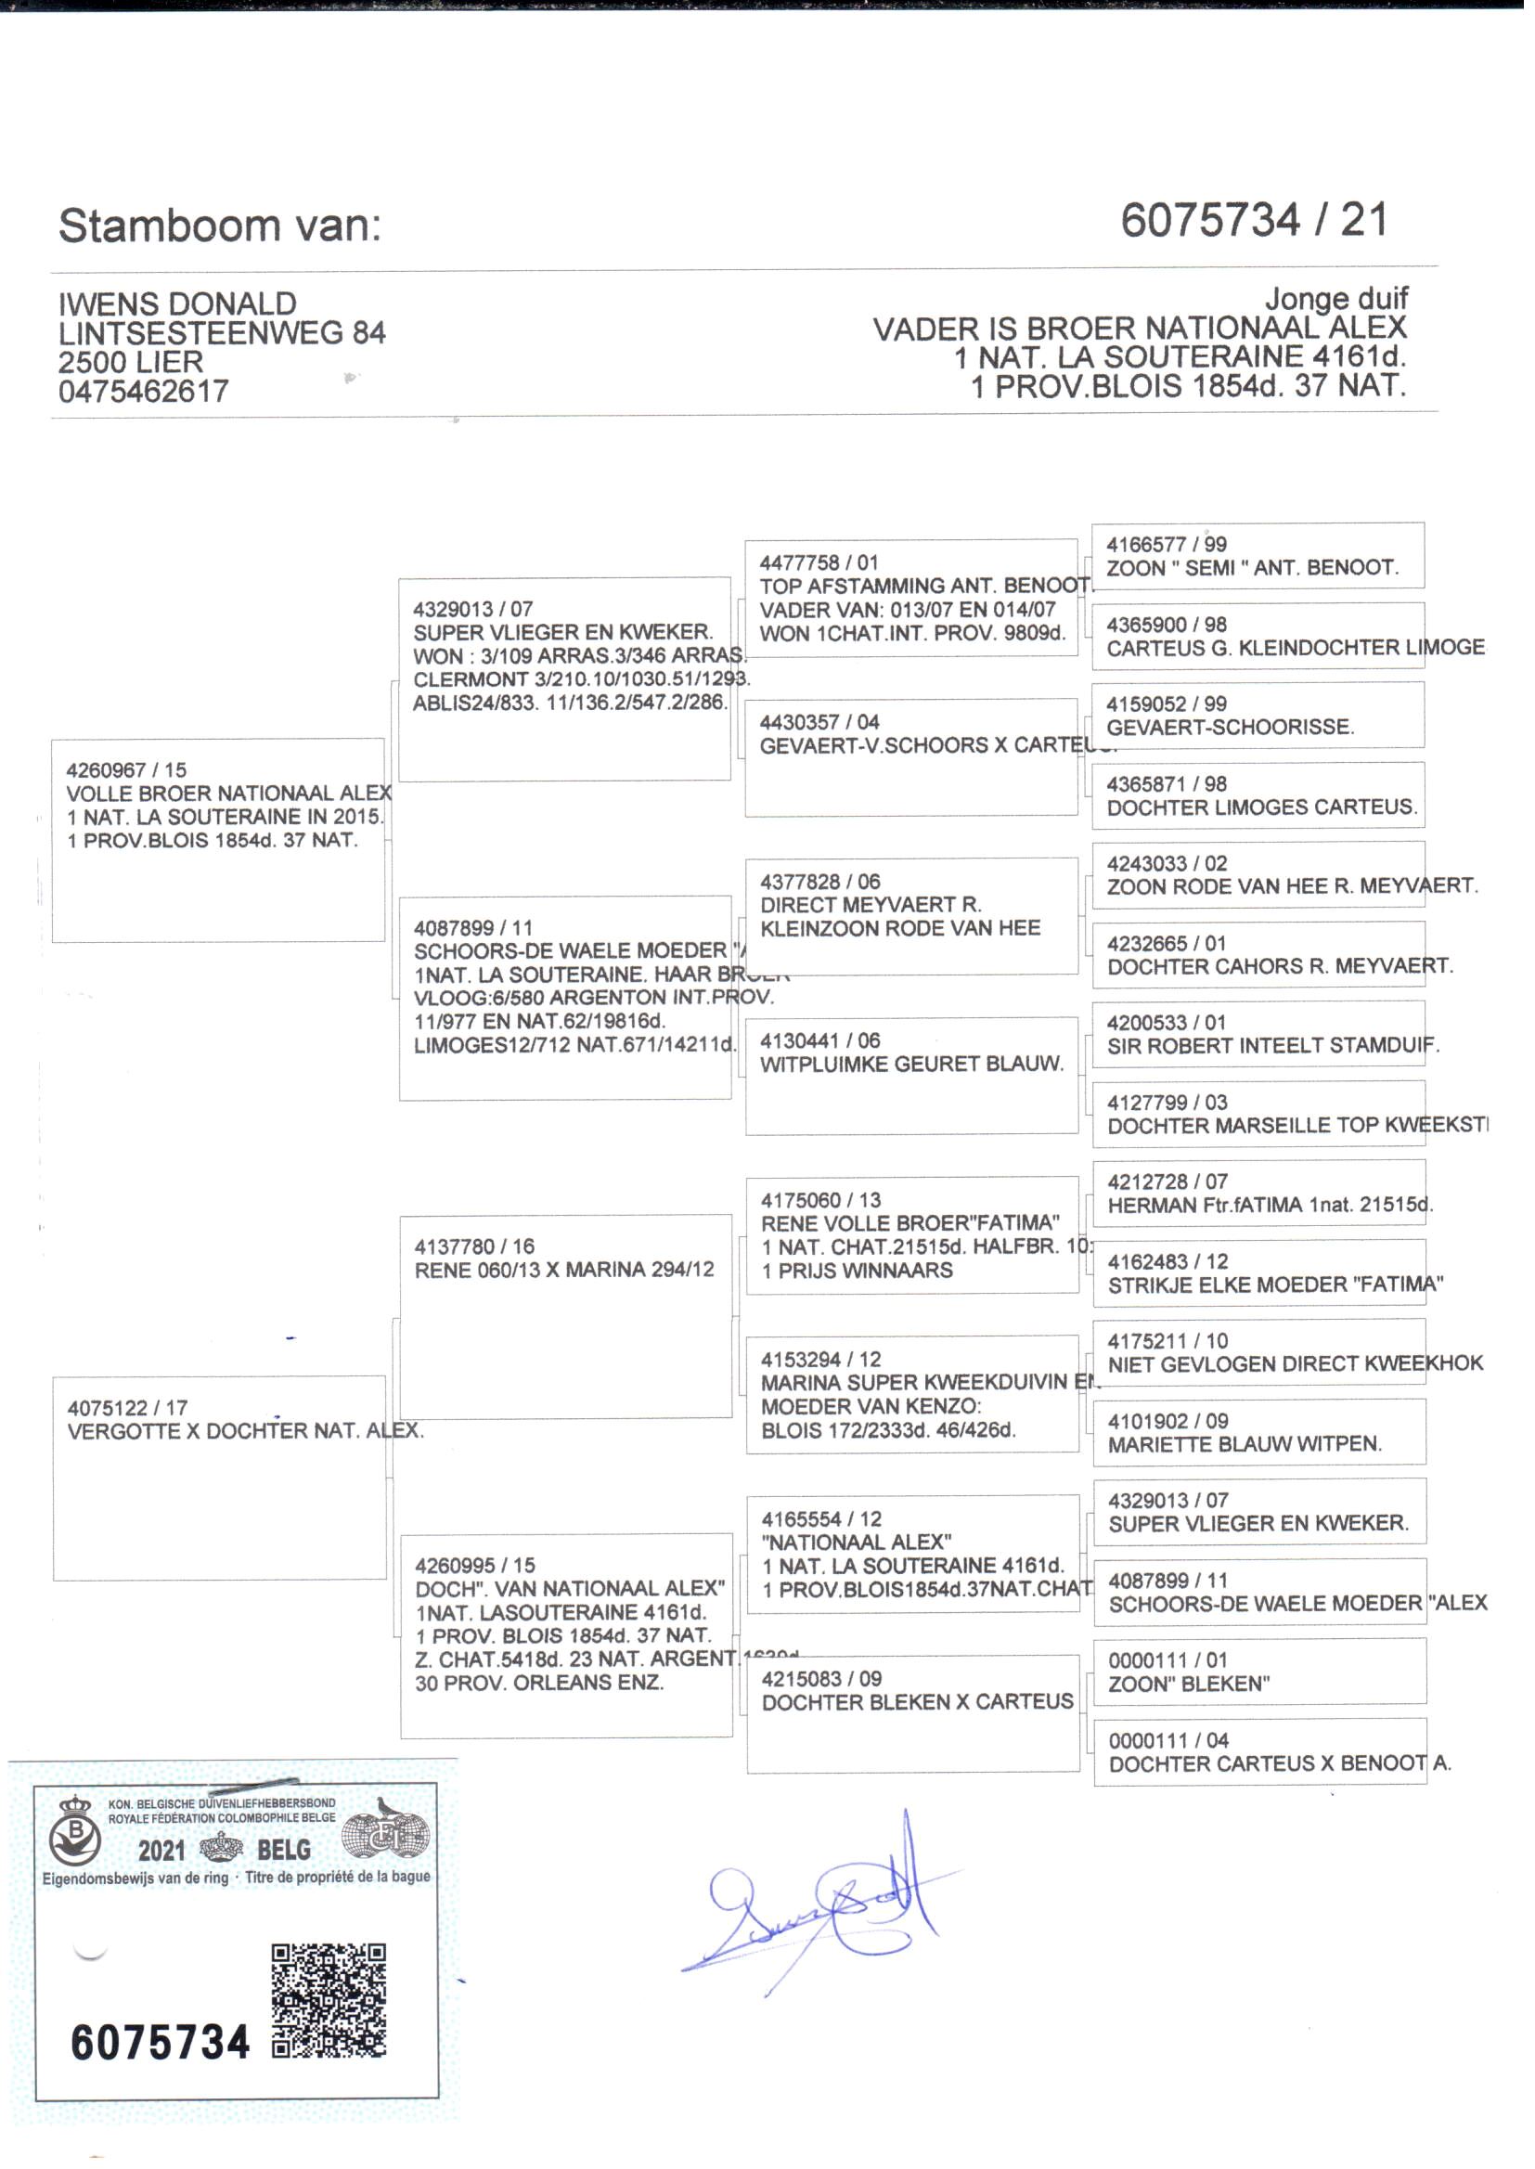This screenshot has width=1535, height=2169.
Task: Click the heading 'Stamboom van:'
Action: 219,226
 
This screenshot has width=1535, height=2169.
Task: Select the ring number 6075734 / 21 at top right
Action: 1255,220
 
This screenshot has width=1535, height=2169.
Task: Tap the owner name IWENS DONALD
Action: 177,303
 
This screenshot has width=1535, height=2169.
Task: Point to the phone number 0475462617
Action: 144,392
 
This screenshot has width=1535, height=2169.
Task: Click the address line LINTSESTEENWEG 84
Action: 222,332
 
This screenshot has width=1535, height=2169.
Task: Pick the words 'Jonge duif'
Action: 1335,299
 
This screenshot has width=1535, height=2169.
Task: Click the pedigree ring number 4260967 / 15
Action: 125,770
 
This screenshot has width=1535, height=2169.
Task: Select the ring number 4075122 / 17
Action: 127,1408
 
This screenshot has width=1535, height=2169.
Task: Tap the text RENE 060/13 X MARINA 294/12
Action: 564,1271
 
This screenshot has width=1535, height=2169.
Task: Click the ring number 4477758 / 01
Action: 819,562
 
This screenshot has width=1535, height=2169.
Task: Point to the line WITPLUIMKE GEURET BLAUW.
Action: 912,1065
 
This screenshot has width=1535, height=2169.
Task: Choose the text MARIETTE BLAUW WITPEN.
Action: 1245,1444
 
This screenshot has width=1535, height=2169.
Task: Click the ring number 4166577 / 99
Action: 1167,545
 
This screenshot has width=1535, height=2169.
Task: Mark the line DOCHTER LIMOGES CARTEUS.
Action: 1262,807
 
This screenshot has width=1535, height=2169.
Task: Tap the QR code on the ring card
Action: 329,2000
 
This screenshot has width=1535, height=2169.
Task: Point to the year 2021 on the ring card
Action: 161,1850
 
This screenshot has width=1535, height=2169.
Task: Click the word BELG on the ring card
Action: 284,1850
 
